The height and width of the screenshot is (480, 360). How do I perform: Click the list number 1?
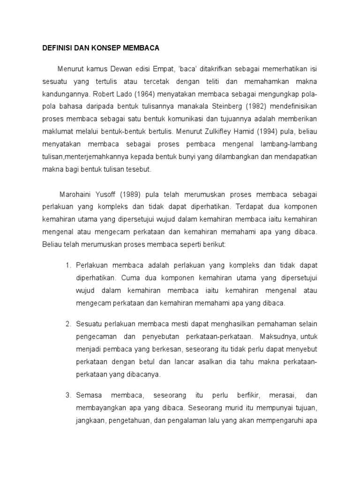click(68, 265)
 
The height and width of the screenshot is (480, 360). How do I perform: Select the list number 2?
click(68, 323)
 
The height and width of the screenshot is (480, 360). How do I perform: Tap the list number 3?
click(68, 396)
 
